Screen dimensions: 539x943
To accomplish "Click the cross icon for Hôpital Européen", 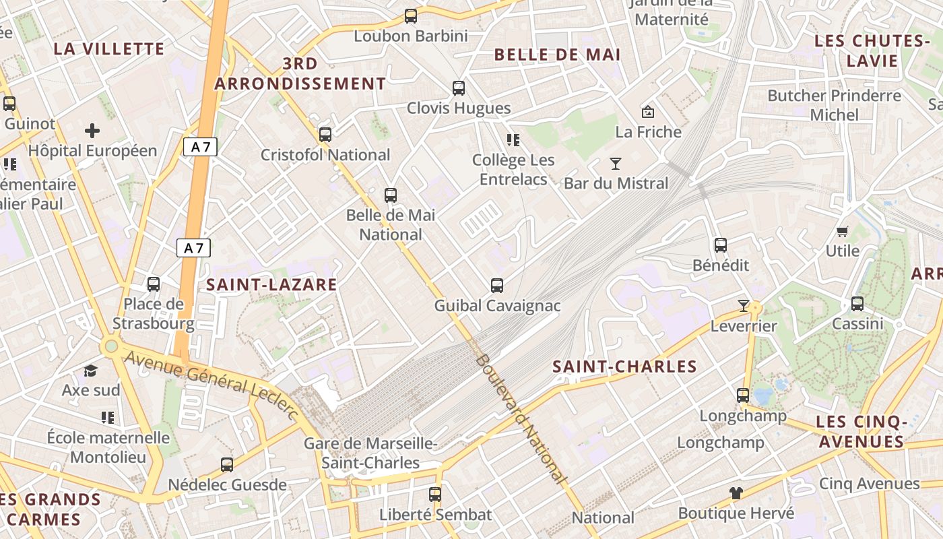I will [92, 131].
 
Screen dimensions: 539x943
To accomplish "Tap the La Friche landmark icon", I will [648, 111].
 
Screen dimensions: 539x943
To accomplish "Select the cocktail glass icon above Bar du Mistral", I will [615, 163].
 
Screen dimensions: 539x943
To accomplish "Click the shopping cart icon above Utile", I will [842, 231].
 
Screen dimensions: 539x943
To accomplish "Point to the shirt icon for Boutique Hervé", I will [736, 493].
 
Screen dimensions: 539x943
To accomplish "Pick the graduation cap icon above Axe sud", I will [90, 371].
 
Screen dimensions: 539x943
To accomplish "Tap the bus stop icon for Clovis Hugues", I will [459, 88].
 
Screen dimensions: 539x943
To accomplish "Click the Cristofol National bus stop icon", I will [325, 135].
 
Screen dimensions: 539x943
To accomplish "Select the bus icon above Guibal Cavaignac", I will [497, 285].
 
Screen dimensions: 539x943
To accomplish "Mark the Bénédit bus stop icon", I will [721, 245].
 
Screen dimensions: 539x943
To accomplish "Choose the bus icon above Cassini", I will [857, 304].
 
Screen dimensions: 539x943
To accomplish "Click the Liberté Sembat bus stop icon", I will [435, 495].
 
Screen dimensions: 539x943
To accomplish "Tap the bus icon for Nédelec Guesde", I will [227, 465].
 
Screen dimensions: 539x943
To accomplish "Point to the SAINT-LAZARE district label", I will [271, 284].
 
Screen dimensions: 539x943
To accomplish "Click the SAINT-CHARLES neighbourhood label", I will [624, 367].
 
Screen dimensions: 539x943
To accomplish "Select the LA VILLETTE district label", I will [108, 49].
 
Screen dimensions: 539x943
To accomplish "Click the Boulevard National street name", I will [521, 418].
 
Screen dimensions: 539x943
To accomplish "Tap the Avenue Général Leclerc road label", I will [211, 384].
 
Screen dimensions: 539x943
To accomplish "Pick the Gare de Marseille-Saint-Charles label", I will [370, 453].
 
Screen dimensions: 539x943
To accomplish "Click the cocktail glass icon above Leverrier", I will [743, 306].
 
